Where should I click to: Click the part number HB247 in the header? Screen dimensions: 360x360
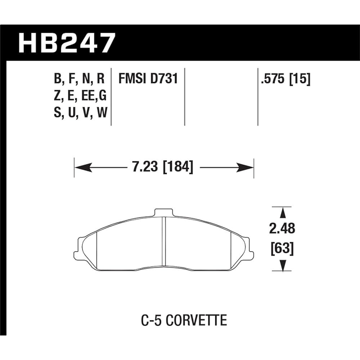pyautogui.click(x=67, y=43)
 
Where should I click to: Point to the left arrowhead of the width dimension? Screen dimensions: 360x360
pyautogui.click(x=81, y=167)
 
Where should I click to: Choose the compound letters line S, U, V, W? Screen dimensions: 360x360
pyautogui.click(x=80, y=114)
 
